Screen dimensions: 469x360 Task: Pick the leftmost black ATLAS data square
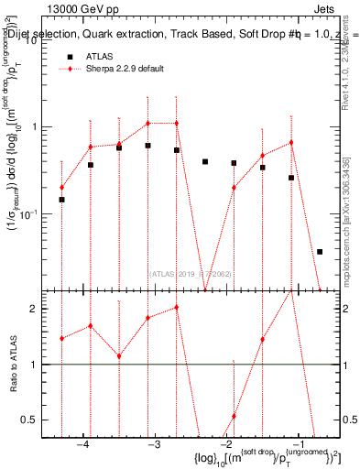point(61,200)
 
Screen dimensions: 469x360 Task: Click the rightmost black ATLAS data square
point(320,251)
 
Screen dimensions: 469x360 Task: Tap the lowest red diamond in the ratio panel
point(234,416)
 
